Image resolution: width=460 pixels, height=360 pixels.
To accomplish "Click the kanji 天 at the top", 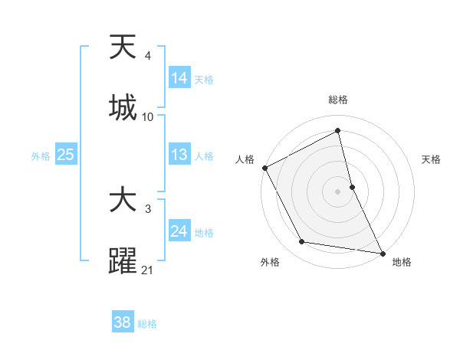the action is (x=123, y=48).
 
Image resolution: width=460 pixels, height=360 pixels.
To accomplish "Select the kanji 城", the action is (x=123, y=107).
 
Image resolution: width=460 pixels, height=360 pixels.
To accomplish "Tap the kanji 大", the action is (x=123, y=201).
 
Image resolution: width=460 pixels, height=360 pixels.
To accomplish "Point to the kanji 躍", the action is (x=123, y=260).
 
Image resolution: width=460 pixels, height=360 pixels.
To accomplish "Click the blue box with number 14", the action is (x=179, y=78).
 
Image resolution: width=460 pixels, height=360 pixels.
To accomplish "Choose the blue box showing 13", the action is (x=179, y=155).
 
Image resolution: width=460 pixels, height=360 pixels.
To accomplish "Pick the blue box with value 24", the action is (x=179, y=231).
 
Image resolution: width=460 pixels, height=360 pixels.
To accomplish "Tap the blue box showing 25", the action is (x=66, y=155).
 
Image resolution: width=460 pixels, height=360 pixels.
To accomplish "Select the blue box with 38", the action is (x=123, y=322).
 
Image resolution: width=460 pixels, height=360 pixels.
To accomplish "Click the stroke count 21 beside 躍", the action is (x=148, y=270).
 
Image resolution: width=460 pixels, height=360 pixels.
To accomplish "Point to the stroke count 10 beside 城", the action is (x=148, y=117).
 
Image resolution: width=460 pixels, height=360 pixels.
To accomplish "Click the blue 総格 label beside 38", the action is (x=147, y=324).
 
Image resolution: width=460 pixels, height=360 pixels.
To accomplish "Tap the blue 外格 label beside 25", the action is (x=41, y=156).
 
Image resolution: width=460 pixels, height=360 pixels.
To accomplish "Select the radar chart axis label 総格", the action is (x=338, y=100).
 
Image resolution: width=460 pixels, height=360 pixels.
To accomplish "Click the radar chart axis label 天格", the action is (x=432, y=160).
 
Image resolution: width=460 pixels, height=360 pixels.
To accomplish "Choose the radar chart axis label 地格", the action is (x=402, y=262).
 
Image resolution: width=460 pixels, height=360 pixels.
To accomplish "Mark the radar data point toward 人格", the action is (x=264, y=168).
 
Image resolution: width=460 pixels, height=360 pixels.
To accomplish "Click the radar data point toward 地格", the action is (x=381, y=252).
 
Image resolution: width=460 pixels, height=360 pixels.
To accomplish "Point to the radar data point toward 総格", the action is (x=338, y=130).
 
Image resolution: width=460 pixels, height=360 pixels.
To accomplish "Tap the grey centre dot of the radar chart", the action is (x=338, y=191).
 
